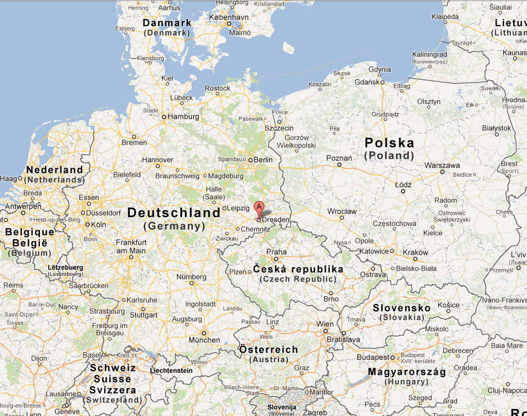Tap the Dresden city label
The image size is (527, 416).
pos(276,220)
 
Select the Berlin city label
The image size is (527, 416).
pos(263,160)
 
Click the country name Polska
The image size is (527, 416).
pos(389,143)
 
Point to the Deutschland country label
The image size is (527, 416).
pos(174,213)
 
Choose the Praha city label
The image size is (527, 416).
pos(276,251)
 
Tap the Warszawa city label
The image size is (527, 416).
pos(442,165)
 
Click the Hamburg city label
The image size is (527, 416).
pos(183,117)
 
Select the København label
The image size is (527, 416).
pos(229,17)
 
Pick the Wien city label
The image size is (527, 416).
pos(325,324)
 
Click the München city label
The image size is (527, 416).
pos(204,340)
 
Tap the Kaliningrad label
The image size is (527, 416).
pos(429,54)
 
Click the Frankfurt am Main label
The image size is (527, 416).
pos(131,247)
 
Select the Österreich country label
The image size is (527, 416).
pos(268,350)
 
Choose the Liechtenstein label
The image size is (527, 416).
pos(171,371)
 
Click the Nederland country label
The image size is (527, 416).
pos(54,170)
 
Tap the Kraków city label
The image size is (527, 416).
pos(415,252)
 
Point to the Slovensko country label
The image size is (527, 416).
pos(402,308)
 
